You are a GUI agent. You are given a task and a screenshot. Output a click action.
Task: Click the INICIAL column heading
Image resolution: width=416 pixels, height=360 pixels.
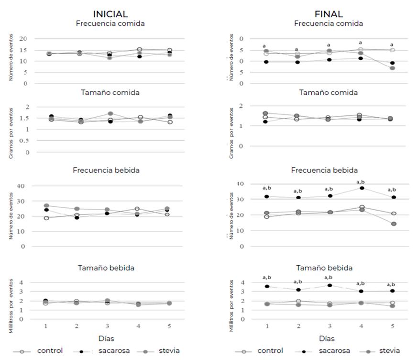pos(110,14)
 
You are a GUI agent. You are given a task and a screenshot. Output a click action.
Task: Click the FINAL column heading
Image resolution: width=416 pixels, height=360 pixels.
pos(328,14)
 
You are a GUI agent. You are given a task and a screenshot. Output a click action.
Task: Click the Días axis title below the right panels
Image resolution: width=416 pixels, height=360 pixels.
pos(328,338)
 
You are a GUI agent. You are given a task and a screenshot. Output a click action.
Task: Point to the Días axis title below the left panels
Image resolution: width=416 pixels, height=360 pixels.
pos(110,338)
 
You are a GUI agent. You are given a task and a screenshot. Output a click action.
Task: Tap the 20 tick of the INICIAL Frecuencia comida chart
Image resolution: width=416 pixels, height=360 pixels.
pos(22,39)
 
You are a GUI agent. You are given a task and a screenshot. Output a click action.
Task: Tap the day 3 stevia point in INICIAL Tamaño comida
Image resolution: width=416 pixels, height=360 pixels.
pos(110,114)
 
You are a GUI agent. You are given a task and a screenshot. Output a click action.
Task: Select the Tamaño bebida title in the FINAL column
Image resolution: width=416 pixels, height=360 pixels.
pos(328,268)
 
